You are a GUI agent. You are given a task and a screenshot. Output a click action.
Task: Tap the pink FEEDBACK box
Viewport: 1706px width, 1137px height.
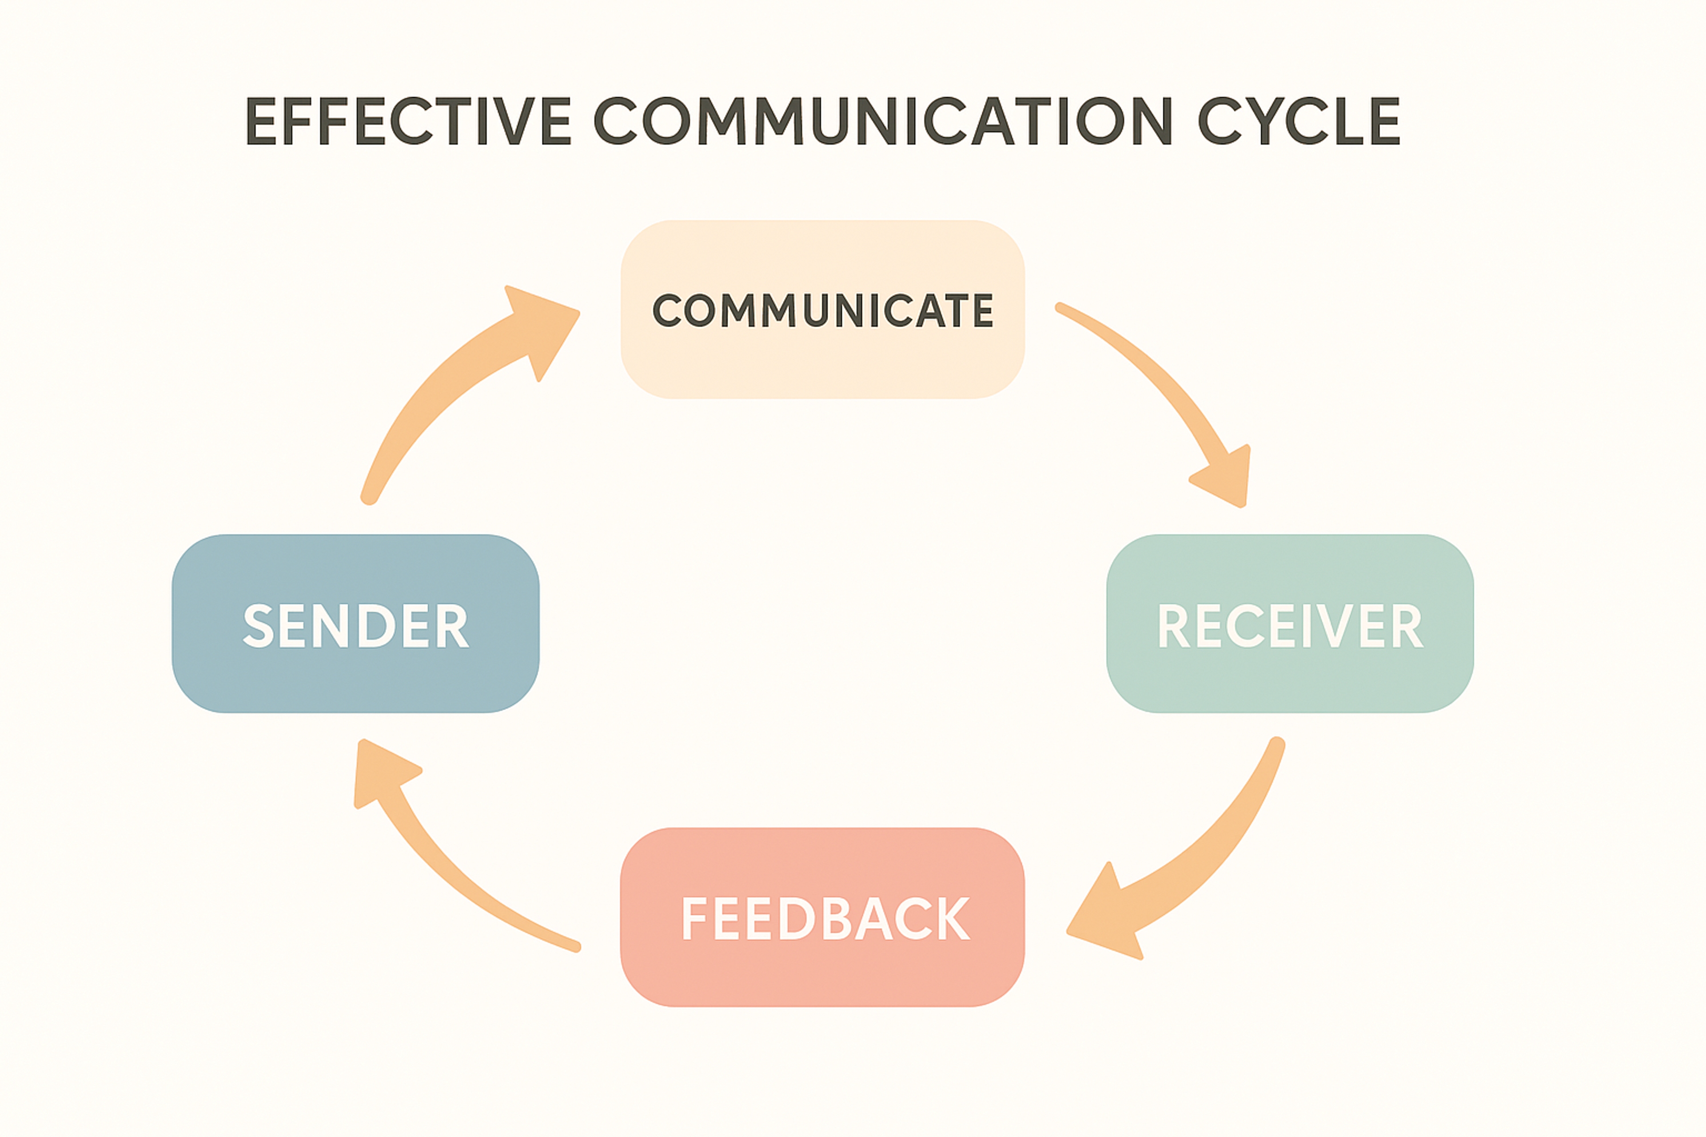822,972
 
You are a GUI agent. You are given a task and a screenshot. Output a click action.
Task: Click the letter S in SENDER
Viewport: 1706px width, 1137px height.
258,625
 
